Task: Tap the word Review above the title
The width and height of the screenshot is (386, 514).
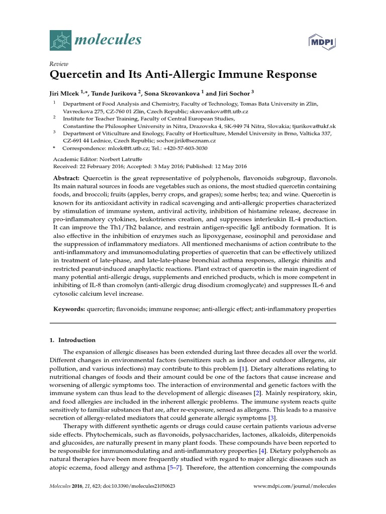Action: click(x=59, y=64)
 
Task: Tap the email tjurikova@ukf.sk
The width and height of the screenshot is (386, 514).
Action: click(x=312, y=126)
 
